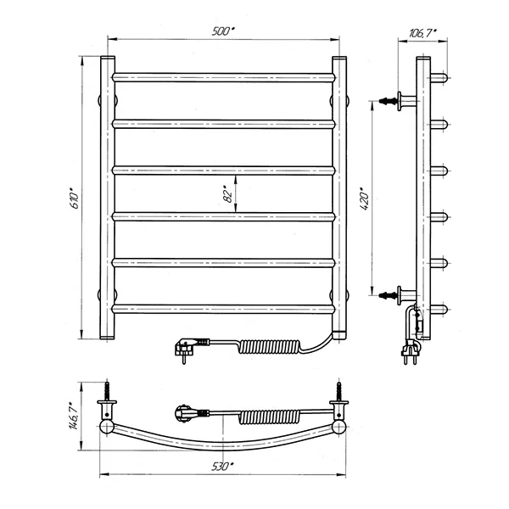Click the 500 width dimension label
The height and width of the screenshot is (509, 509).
point(223,31)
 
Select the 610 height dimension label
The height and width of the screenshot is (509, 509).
point(75,198)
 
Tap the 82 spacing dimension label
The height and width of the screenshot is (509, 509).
point(228,194)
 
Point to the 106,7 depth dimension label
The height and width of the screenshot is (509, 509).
point(422,33)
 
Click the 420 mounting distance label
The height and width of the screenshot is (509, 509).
point(365,199)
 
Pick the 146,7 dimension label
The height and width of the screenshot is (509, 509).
point(74,417)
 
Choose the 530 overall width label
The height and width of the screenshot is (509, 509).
point(222,467)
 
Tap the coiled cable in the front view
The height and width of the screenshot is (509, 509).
point(271,347)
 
